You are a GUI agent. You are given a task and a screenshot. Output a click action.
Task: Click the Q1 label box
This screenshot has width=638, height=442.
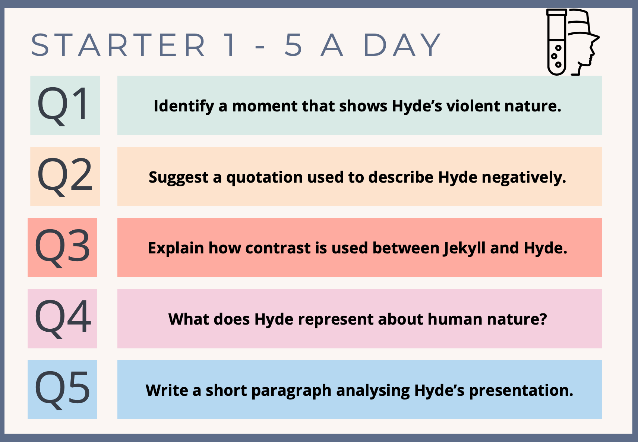coord(65,105)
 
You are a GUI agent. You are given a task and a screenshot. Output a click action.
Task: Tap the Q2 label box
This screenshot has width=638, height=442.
coord(65,176)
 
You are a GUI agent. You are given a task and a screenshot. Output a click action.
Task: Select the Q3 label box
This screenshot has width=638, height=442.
coord(62,247)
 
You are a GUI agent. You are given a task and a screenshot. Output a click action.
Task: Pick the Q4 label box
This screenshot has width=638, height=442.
coord(62,318)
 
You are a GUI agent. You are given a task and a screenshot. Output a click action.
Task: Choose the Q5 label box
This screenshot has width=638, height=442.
coord(62,389)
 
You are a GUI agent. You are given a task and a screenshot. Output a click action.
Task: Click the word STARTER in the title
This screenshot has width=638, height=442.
coord(118,45)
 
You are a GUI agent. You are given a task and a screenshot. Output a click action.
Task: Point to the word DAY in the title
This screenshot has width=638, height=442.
coord(402,45)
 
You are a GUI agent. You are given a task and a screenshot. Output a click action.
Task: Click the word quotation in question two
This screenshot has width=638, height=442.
coord(264,178)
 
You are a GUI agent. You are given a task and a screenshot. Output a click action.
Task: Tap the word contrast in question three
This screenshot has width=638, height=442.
coord(278,248)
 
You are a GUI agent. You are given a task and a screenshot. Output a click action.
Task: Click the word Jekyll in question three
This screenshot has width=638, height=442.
coord(464,249)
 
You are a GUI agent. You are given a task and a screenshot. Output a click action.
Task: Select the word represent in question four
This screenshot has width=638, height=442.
coord(335,320)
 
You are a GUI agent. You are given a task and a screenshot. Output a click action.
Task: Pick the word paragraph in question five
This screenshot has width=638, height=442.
coord(291,391)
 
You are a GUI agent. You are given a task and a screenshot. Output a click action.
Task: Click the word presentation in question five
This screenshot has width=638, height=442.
coord(521,391)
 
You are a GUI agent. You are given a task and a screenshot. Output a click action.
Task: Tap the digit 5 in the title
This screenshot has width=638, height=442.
coord(293,45)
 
